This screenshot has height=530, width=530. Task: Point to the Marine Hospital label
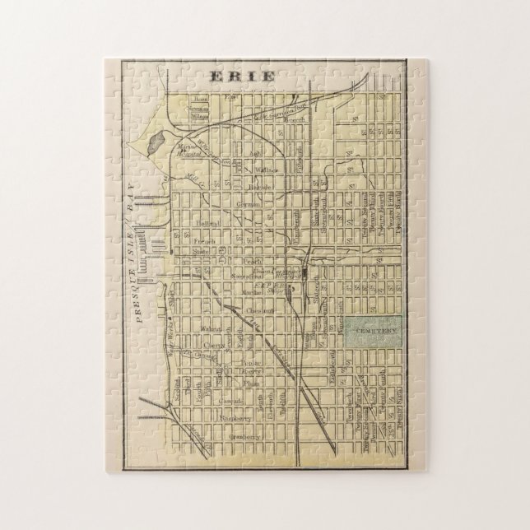click(x=190, y=152)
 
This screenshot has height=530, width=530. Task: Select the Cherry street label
click(x=214, y=346)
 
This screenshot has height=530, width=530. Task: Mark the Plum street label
click(x=252, y=382)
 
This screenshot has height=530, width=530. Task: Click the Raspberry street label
click(x=235, y=417)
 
